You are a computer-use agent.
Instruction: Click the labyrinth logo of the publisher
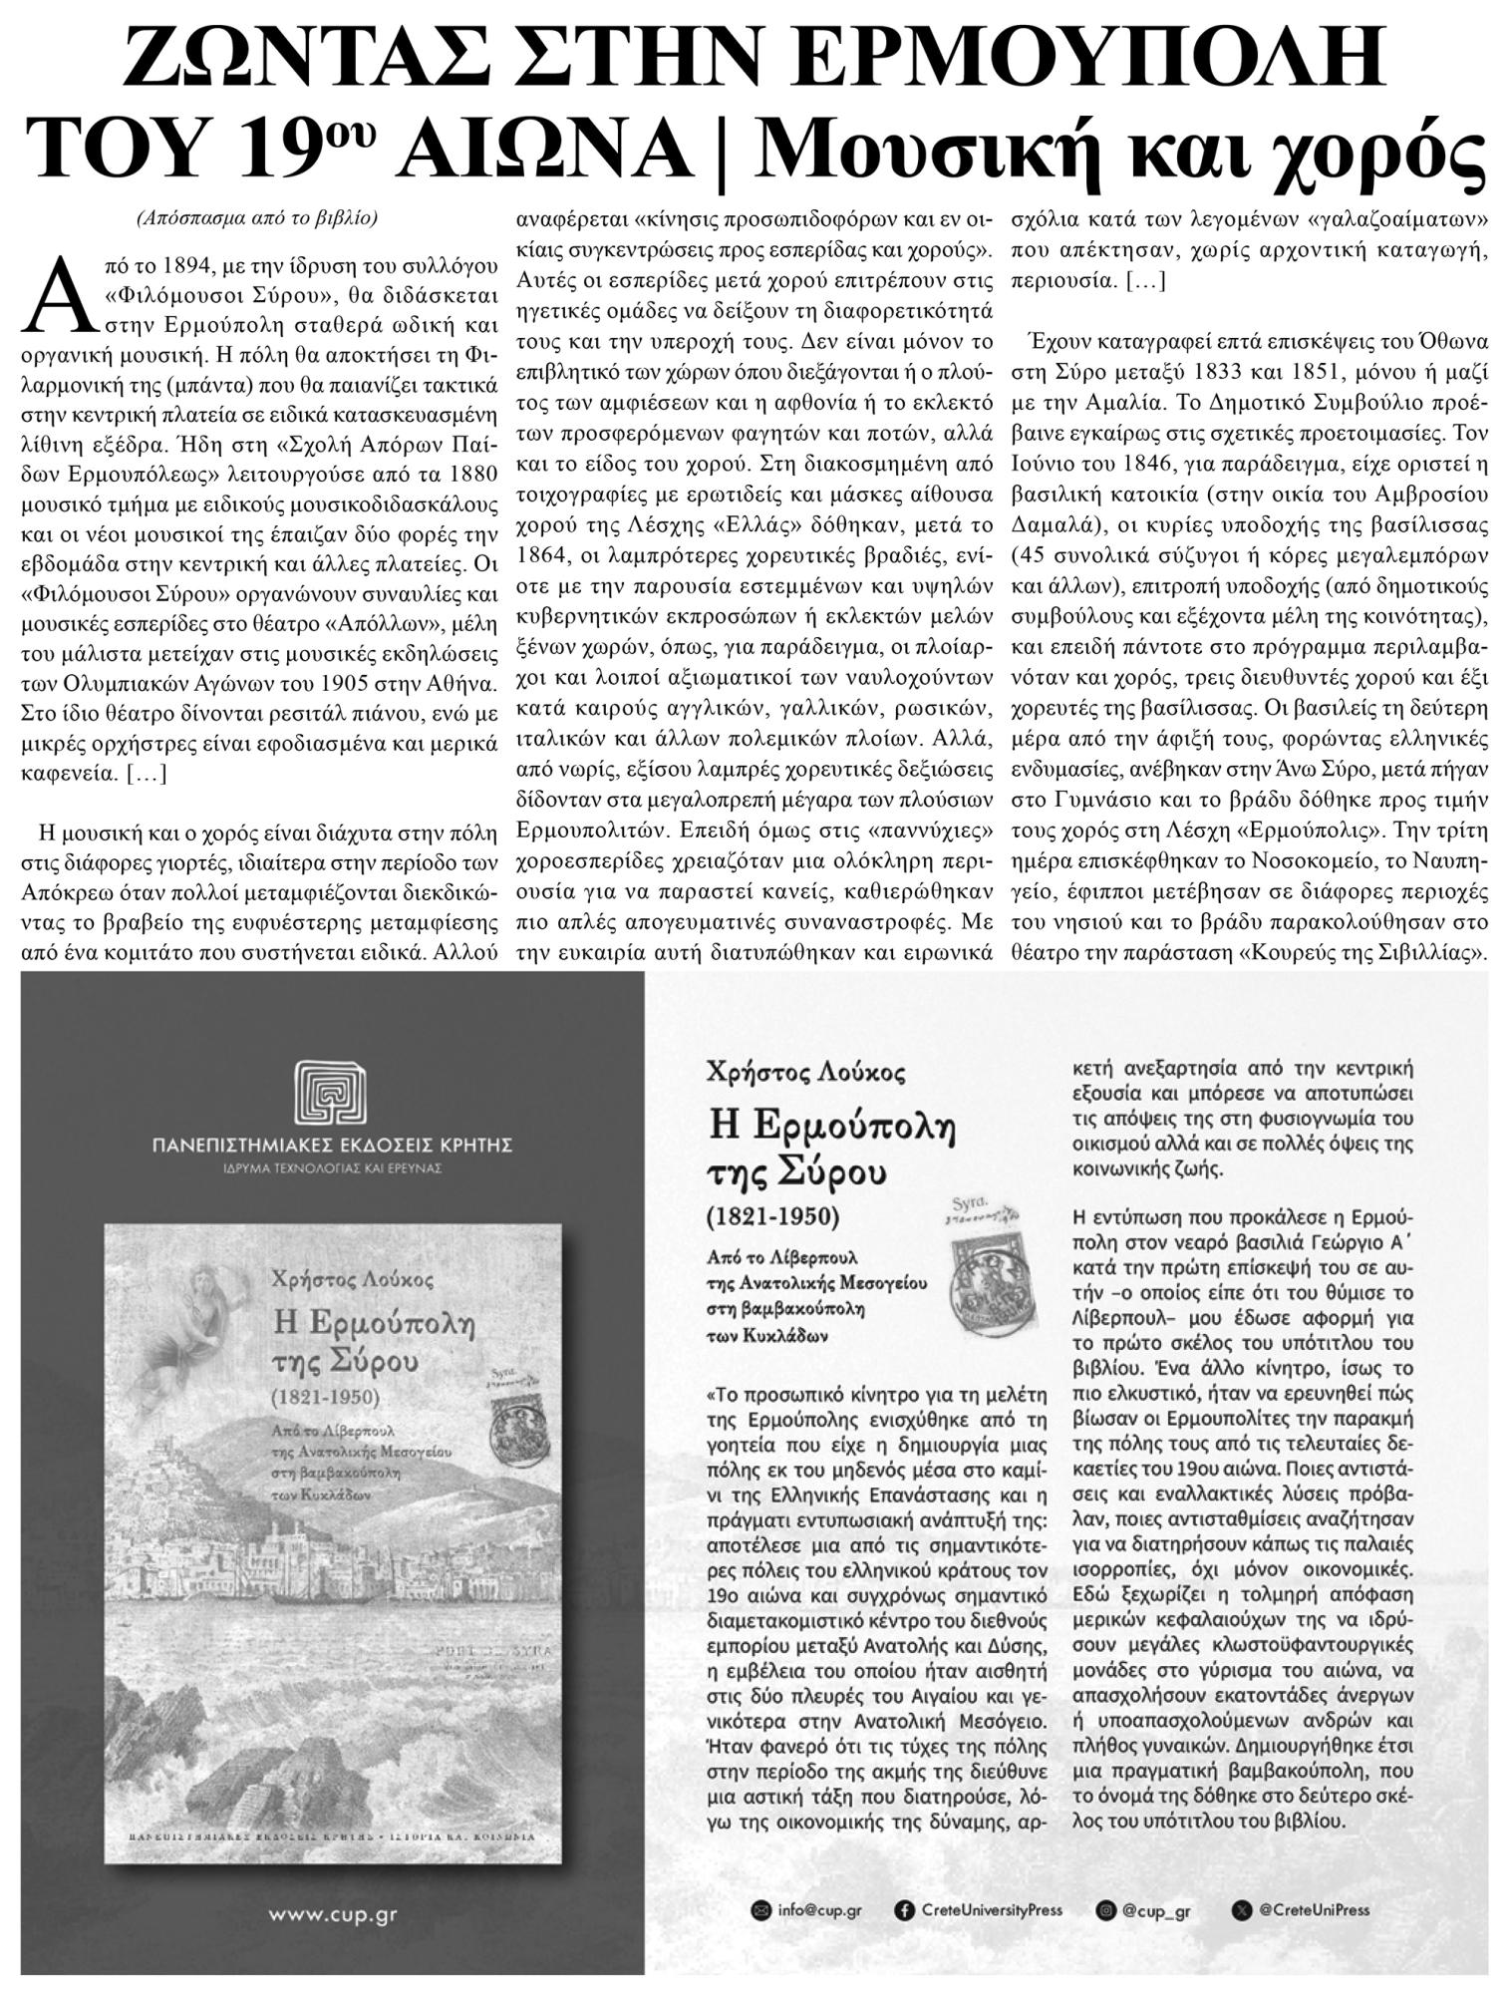[331, 1093]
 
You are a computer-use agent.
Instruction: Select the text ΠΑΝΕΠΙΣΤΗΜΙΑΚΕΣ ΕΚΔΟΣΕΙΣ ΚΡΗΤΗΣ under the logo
[333, 1145]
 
